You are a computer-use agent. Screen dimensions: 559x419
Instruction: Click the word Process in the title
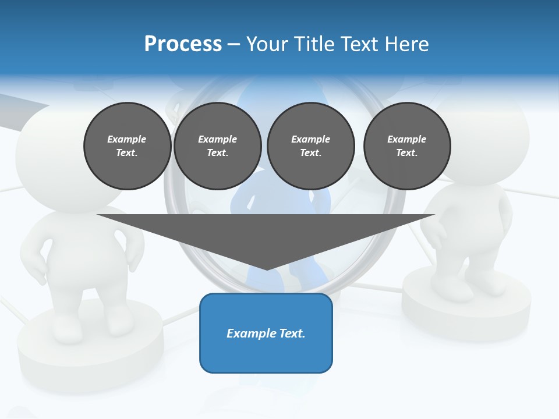click(x=183, y=44)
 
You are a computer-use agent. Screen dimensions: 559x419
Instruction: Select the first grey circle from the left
click(x=128, y=146)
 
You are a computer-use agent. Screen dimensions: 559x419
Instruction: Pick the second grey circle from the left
click(x=218, y=146)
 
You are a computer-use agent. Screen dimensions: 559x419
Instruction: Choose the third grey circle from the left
click(x=311, y=146)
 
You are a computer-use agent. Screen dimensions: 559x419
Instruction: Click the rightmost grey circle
click(x=407, y=146)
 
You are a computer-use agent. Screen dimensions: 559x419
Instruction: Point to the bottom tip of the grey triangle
click(x=267, y=269)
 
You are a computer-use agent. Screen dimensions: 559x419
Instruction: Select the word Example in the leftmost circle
click(x=127, y=139)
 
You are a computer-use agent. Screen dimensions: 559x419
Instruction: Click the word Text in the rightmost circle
click(x=407, y=153)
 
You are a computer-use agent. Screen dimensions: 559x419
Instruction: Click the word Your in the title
click(x=267, y=44)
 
